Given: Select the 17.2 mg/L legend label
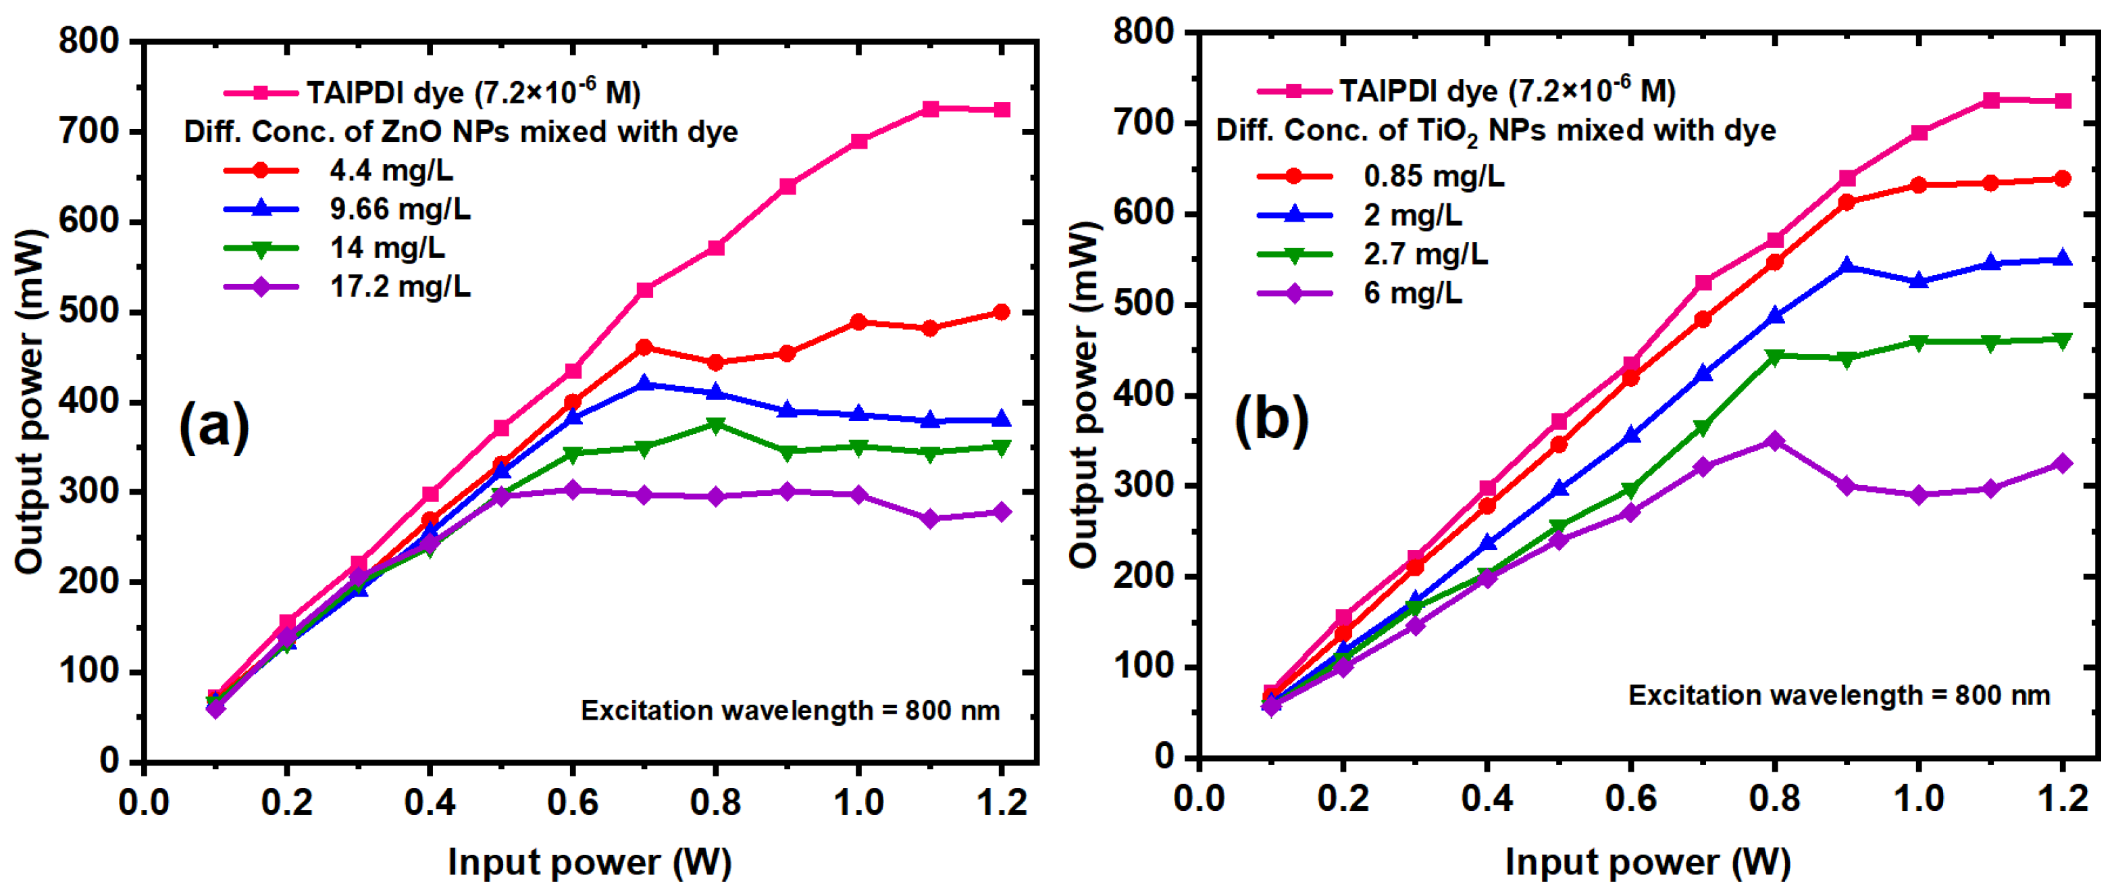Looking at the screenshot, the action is pyautogui.click(x=400, y=287).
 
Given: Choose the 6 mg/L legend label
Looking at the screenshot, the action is pyautogui.click(x=1412, y=293).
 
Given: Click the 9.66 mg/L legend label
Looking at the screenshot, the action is pyautogui.click(x=400, y=209).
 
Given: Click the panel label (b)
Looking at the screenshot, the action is pyautogui.click(x=1271, y=420).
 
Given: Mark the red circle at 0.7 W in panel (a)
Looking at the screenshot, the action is pyautogui.click(x=644, y=347).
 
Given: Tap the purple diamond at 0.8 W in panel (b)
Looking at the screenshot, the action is pyautogui.click(x=1774, y=441).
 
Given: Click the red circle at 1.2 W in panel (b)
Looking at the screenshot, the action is pyautogui.click(x=2062, y=179).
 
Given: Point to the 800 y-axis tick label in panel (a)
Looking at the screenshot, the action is pyautogui.click(x=89, y=41).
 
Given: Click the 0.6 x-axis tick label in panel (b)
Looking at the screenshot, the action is pyautogui.click(x=1630, y=798).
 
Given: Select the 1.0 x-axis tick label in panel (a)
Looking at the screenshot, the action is pyautogui.click(x=858, y=802).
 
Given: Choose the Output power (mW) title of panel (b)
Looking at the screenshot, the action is pyautogui.click(x=1083, y=395).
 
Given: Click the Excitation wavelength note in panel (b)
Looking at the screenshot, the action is pyautogui.click(x=1839, y=695).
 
